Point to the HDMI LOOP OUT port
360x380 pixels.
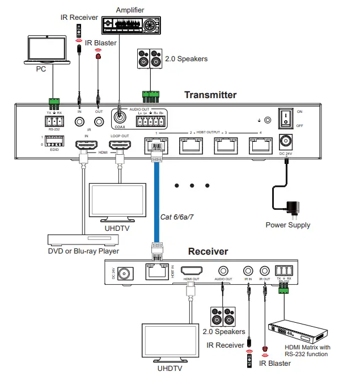click(120, 146)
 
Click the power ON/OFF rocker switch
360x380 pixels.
click(287, 118)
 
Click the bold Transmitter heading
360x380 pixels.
click(210, 95)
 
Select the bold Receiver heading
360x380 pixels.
click(208, 251)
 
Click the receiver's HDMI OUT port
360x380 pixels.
click(192, 272)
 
